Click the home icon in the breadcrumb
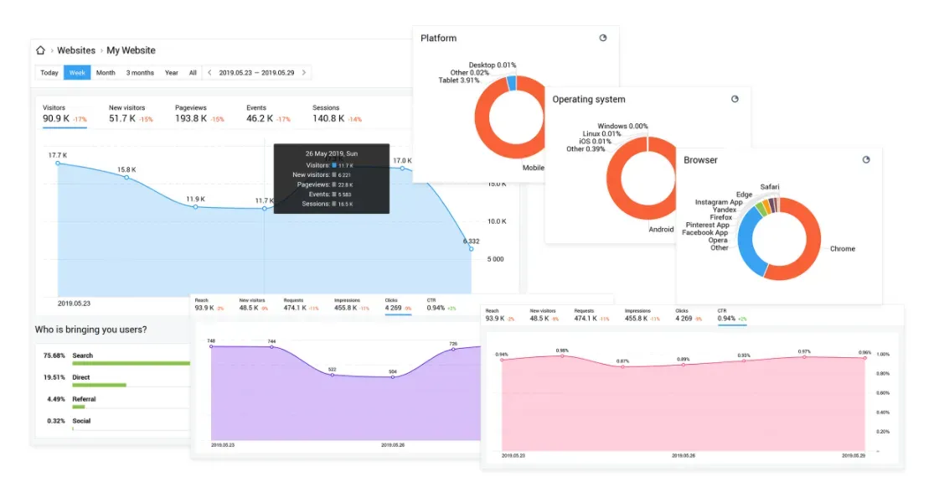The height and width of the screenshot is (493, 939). tap(40, 50)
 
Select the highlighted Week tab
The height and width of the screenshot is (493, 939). tap(77, 73)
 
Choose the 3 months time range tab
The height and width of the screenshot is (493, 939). tap(140, 73)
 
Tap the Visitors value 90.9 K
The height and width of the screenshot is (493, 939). tap(55, 119)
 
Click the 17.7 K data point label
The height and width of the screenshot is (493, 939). tap(57, 155)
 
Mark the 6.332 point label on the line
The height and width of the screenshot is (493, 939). tap(471, 241)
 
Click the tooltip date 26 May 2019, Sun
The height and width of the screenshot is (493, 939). tap(331, 153)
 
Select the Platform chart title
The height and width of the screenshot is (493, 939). tap(438, 39)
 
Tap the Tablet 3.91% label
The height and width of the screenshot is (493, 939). tap(459, 80)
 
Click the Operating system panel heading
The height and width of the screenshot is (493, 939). tap(588, 100)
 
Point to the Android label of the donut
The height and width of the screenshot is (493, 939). tap(660, 230)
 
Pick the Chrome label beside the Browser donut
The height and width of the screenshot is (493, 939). tap(842, 249)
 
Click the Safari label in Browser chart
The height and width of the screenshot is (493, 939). tap(770, 187)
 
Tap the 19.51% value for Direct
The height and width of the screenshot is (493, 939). tap(54, 377)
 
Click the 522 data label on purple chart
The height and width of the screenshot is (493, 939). tap(332, 370)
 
